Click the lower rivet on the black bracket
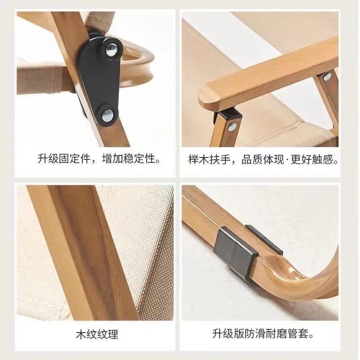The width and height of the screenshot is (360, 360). pyautogui.click(x=108, y=116)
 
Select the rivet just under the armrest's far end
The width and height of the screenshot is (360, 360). pyautogui.click(x=327, y=77)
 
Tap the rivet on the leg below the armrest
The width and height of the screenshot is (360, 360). pyautogui.click(x=232, y=126)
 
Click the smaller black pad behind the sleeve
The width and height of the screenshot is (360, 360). pyautogui.click(x=264, y=239)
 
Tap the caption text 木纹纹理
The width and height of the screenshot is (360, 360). pyautogui.click(x=97, y=334)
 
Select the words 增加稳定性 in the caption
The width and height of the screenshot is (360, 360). pyautogui.click(x=128, y=158)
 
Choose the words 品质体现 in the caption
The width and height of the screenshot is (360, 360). pyautogui.click(x=262, y=159)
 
